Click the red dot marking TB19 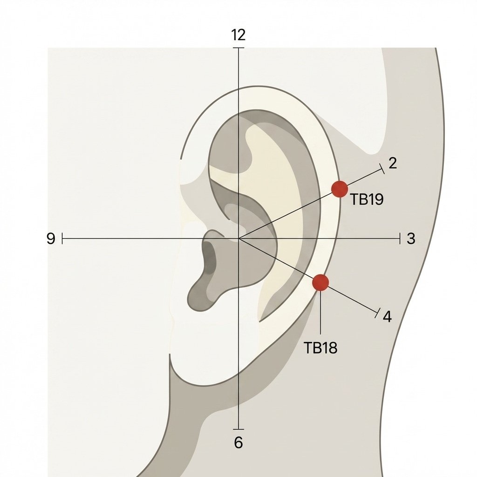click(340, 189)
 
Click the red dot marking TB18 click(320, 282)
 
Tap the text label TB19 click(367, 199)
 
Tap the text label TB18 click(320, 348)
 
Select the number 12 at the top click(238, 35)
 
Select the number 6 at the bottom click(238, 443)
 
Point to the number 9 click(51, 238)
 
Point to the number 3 click(411, 238)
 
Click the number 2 click(393, 164)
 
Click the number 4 click(387, 316)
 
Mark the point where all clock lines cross click(238, 238)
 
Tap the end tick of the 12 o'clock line click(238, 48)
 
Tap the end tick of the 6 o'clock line click(238, 429)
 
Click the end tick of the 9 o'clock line click(62, 238)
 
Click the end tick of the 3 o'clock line click(399, 238)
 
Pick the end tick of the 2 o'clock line click(382, 169)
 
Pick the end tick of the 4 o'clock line click(377, 313)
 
